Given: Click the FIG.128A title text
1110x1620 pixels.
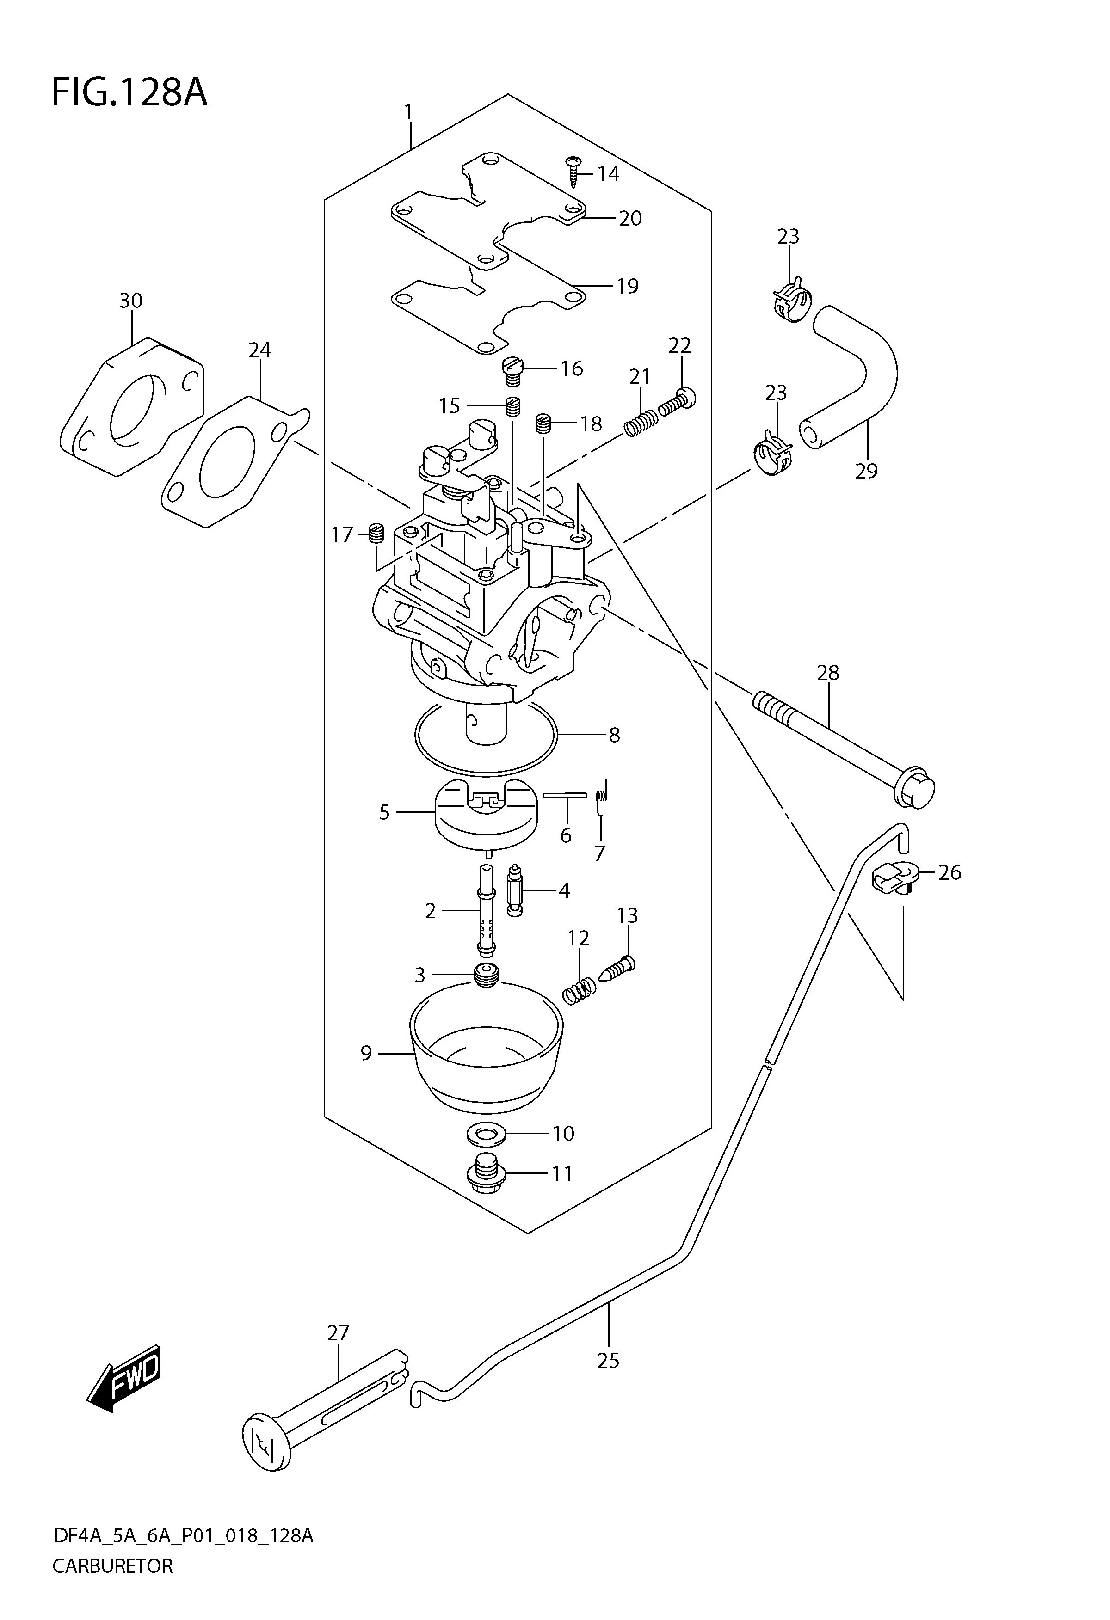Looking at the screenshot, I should (x=129, y=93).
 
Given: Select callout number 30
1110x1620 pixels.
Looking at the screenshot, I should (x=130, y=301).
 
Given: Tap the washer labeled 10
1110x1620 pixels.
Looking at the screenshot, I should (x=486, y=1134).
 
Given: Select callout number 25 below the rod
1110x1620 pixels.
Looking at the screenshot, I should (x=608, y=1360).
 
